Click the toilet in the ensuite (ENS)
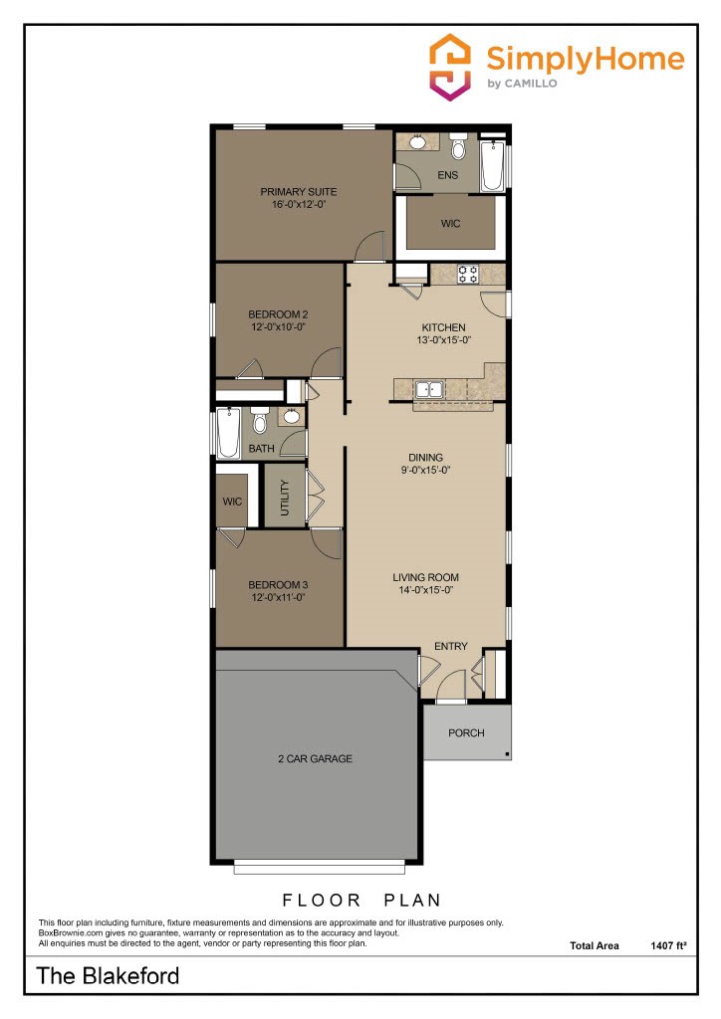point(458,149)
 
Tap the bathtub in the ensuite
point(492,166)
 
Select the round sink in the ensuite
point(417,143)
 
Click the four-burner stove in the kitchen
point(467,272)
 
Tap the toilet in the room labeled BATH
point(260,422)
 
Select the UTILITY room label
point(284,496)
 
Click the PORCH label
point(466,733)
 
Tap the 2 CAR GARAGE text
point(315,759)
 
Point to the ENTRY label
point(450,647)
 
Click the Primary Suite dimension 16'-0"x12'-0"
point(299,204)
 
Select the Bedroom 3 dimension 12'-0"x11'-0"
point(277,598)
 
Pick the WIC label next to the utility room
point(232,502)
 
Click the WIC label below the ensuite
point(450,224)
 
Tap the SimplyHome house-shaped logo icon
point(450,66)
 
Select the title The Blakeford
point(109,976)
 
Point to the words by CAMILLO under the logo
point(522,84)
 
